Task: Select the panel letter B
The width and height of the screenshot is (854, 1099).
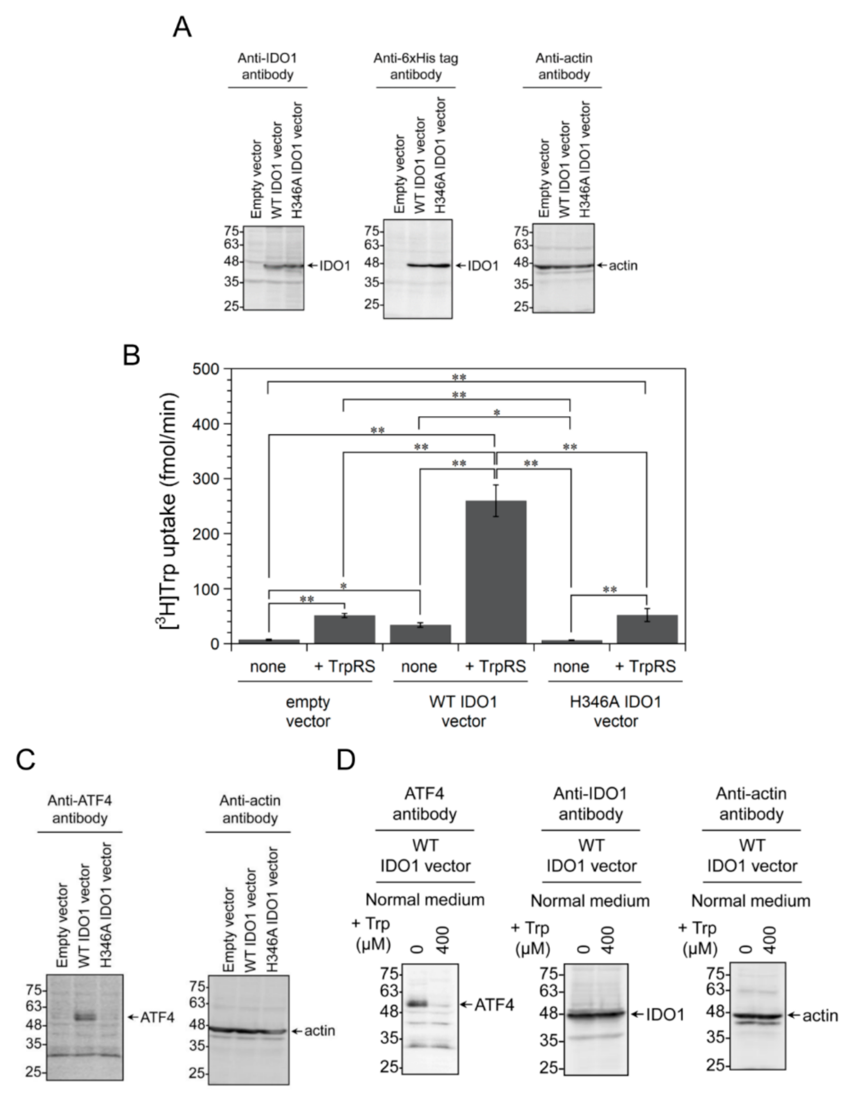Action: coord(132,355)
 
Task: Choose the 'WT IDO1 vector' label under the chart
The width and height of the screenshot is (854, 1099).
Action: coord(464,711)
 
